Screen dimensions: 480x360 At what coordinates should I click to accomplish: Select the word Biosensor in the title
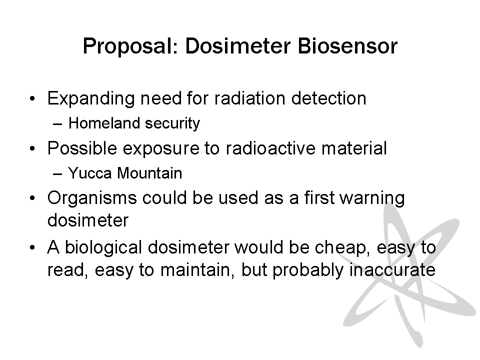(347, 46)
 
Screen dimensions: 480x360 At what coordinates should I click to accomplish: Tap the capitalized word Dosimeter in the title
(237, 46)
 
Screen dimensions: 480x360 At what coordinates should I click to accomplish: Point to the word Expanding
(91, 99)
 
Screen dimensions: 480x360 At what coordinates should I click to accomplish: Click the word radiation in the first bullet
(250, 98)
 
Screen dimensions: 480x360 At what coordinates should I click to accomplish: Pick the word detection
(329, 98)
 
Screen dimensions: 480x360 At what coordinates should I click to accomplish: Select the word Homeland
(104, 123)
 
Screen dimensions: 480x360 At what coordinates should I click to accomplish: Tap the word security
(172, 123)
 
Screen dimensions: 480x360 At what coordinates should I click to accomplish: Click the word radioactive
(270, 148)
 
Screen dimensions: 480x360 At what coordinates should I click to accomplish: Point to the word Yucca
(90, 173)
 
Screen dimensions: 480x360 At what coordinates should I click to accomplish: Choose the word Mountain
(149, 173)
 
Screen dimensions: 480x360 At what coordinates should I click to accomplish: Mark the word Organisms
(92, 198)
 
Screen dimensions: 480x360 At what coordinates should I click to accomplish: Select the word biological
(103, 248)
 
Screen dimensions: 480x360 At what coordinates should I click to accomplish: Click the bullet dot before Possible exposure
(33, 149)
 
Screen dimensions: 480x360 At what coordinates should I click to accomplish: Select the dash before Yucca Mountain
(57, 174)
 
